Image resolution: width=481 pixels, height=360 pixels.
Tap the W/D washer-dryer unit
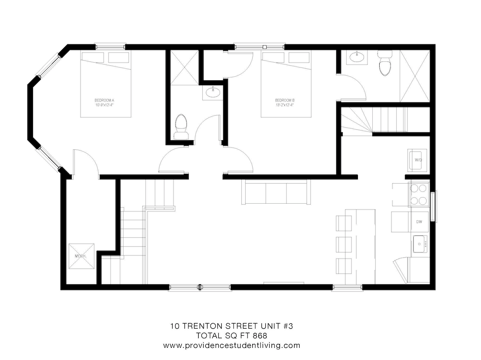coord(418,160)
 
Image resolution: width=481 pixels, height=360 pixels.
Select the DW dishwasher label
coord(419,222)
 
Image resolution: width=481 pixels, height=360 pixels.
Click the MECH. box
coord(80,256)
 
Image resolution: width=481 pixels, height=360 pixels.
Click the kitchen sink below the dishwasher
coord(420,244)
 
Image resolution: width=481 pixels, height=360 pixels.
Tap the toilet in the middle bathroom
coord(180,126)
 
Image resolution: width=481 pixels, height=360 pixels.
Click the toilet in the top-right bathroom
coord(385,64)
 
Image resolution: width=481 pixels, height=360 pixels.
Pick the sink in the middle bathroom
coord(213,93)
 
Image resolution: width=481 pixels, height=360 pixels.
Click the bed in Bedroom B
coord(286,84)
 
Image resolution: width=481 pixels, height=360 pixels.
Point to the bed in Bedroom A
coord(105,84)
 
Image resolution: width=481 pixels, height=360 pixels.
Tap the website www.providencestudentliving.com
coord(231,346)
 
